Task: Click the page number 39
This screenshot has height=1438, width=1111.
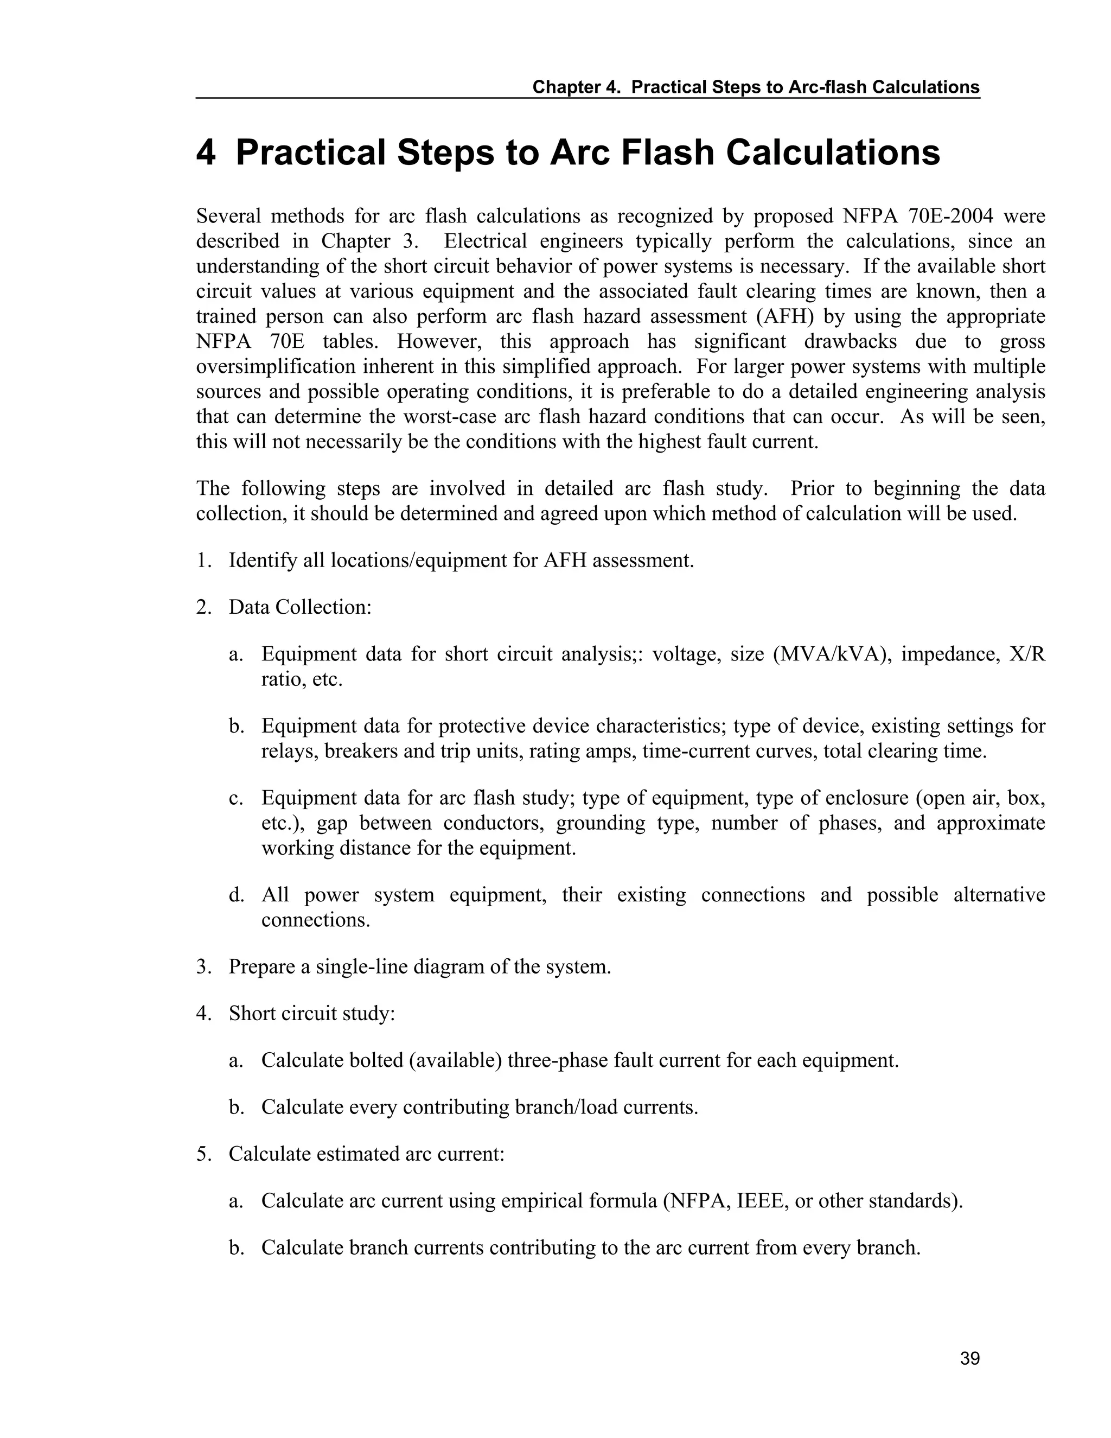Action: point(969,1358)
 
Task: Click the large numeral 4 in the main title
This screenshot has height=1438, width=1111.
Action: point(206,153)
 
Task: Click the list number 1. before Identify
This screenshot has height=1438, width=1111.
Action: point(203,561)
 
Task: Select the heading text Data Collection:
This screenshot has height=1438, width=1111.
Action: point(300,607)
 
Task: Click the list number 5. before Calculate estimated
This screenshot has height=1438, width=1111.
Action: point(203,1154)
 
